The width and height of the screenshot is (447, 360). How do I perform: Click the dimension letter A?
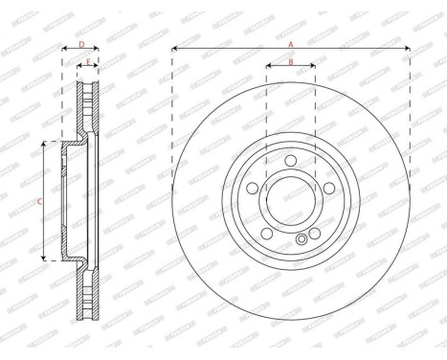pyautogui.click(x=291, y=43)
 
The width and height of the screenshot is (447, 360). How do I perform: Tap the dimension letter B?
pyautogui.click(x=291, y=62)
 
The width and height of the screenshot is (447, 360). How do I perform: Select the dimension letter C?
pyautogui.click(x=39, y=201)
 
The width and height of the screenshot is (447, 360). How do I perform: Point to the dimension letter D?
pyautogui.click(x=81, y=43)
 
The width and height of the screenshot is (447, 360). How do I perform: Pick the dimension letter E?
pyautogui.click(x=88, y=62)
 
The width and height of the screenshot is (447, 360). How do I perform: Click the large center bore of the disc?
pyautogui.click(x=291, y=201)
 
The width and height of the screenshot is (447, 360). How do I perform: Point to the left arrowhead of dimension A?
pyautogui.click(x=176, y=48)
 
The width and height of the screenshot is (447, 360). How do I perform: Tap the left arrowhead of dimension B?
pyautogui.click(x=268, y=67)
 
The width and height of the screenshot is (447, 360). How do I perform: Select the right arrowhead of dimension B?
pyautogui.click(x=313, y=67)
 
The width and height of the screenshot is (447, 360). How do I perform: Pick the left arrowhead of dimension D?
pyautogui.click(x=64, y=48)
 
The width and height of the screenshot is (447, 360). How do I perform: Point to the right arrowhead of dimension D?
pyautogui.click(x=99, y=48)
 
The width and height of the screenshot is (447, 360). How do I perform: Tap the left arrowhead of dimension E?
pyautogui.click(x=78, y=67)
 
